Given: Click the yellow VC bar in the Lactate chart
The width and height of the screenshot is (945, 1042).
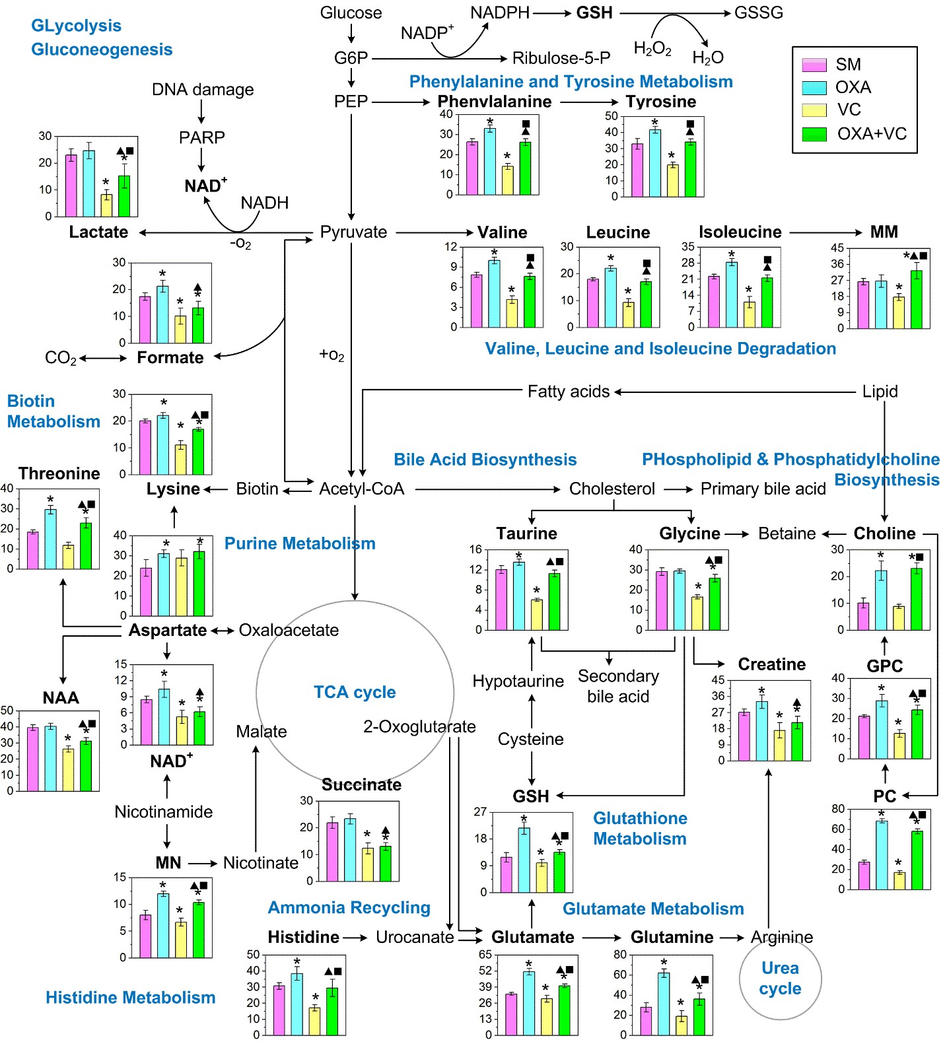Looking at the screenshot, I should tap(106, 205).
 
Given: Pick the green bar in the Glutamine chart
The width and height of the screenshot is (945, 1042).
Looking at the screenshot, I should tap(699, 1017).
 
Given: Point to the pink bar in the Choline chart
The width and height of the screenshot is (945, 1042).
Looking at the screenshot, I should tap(863, 616).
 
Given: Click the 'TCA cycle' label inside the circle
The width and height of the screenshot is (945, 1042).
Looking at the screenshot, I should tap(355, 692).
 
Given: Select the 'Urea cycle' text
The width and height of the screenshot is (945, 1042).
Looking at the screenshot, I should tap(780, 978).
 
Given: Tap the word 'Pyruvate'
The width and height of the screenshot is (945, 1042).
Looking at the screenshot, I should tap(353, 232).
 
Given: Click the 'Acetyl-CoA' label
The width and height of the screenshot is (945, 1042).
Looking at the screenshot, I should tap(361, 489).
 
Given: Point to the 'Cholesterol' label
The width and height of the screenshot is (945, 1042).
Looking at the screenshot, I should tap(612, 489).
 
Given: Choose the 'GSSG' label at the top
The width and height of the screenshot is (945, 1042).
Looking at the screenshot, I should tap(759, 13).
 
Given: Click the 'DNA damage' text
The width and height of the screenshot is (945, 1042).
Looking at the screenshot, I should tap(203, 89).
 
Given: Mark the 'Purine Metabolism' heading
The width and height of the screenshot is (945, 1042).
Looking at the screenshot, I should tap(300, 543).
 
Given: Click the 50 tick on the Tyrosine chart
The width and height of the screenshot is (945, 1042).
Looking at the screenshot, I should tap(612, 116).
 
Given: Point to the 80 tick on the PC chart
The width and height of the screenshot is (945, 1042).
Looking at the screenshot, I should tap(838, 809).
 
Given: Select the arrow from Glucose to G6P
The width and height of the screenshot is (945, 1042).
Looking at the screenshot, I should tap(351, 33).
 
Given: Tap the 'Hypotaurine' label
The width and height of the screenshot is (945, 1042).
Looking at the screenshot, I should tap(518, 681).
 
